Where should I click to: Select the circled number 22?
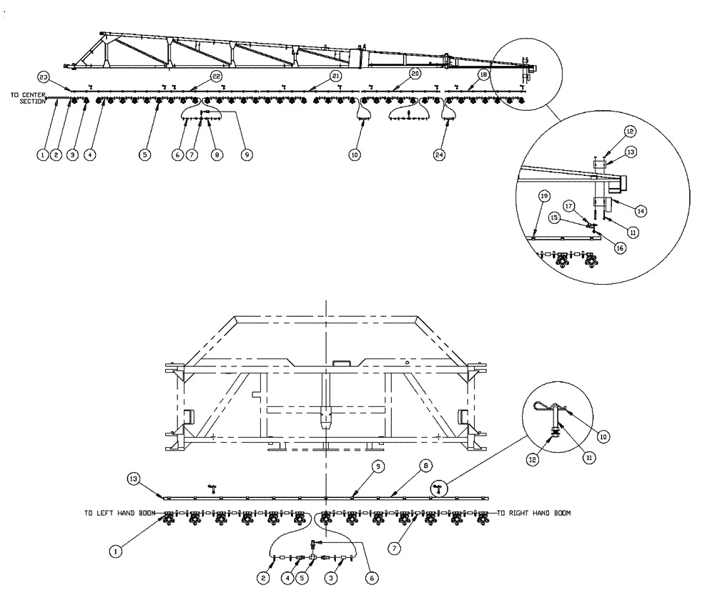[x=216, y=75]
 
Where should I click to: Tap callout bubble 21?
[x=336, y=75]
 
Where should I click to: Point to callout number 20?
[x=415, y=74]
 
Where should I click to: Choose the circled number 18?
[x=484, y=74]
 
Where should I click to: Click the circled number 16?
[x=618, y=247]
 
